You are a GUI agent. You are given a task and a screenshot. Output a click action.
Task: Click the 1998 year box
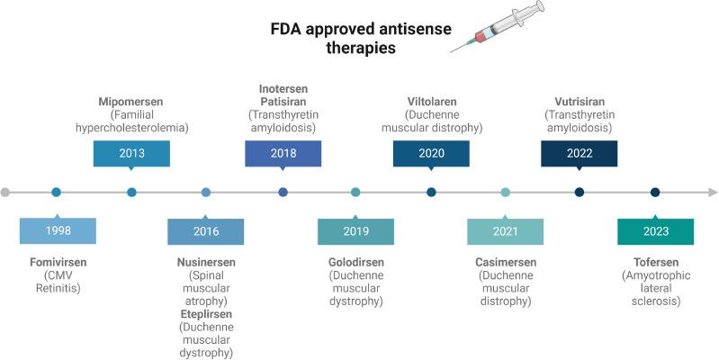[x=57, y=231]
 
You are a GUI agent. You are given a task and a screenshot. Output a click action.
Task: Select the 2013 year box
[x=131, y=153]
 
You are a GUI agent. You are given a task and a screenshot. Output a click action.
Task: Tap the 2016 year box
[x=206, y=231]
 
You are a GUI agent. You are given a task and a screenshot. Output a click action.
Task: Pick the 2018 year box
[x=283, y=153]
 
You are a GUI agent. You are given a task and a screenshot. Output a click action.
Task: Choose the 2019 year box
[x=355, y=231]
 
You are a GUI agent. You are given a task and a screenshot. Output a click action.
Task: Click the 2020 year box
[x=431, y=153]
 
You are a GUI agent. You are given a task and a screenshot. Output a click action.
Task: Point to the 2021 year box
[x=505, y=231]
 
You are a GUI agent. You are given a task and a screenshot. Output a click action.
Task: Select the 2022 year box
[x=579, y=153]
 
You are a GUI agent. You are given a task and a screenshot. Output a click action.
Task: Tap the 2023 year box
[x=655, y=231]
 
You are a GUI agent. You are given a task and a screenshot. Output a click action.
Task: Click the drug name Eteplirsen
[x=206, y=314]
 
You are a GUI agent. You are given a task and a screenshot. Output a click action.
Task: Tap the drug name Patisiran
[x=283, y=102]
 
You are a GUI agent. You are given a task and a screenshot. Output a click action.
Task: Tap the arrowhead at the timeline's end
[x=712, y=192]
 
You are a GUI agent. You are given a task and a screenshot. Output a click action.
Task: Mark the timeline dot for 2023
[x=655, y=192]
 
